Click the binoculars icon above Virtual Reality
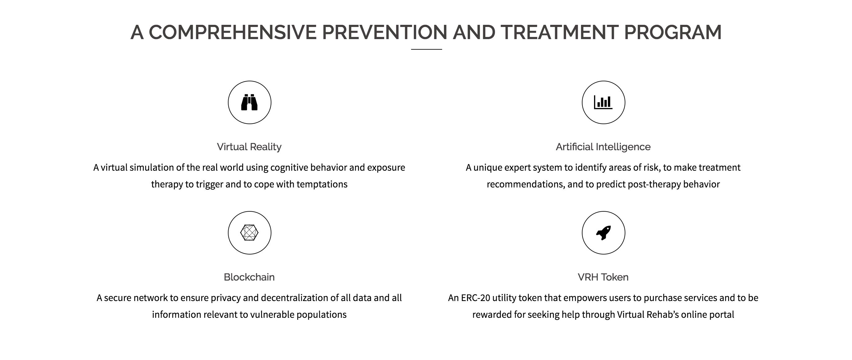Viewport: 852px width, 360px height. tap(249, 102)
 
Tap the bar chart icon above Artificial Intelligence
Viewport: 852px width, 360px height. tap(603, 102)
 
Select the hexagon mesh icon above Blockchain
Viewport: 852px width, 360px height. tap(249, 233)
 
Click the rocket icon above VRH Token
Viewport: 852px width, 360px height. tap(604, 233)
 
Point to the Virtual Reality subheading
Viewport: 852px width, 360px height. tap(249, 147)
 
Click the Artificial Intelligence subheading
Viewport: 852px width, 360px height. tap(603, 147)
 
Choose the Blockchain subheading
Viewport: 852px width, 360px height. tap(249, 277)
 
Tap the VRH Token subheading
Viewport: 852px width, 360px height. tap(603, 277)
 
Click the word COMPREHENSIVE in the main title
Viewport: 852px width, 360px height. tap(233, 32)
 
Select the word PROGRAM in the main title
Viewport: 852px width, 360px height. tap(673, 32)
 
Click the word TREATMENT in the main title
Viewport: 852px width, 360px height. tap(559, 32)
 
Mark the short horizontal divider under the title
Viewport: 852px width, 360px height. tap(426, 49)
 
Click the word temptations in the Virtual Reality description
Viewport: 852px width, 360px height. tap(322, 184)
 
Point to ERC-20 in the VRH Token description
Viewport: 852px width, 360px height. tap(476, 298)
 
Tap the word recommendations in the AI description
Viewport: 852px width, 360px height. tap(526, 184)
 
